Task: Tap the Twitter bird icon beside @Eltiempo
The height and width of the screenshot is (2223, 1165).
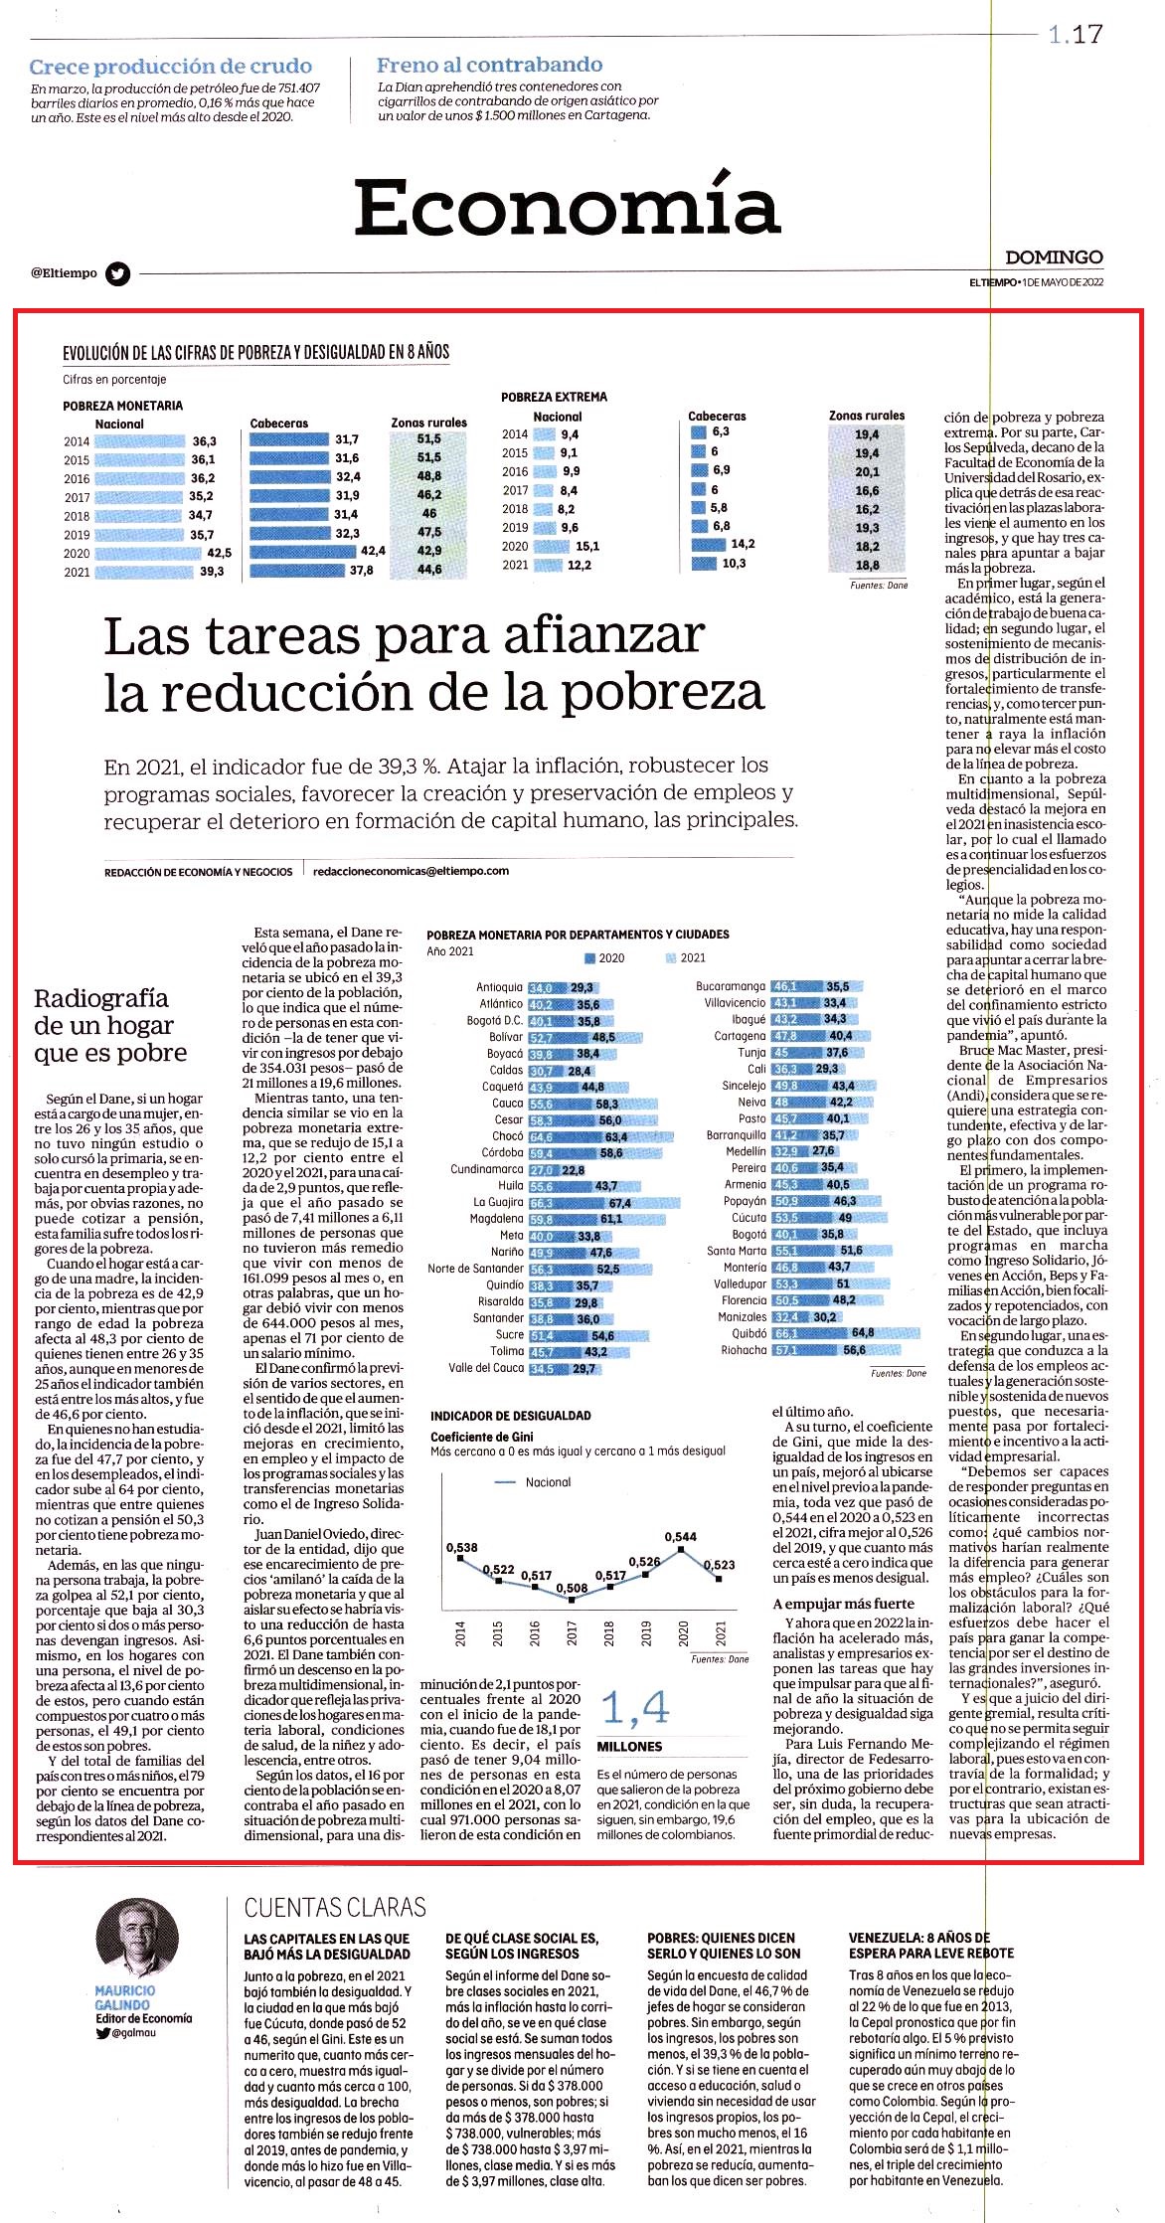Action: click(118, 273)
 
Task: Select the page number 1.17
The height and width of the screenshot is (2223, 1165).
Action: click(1076, 35)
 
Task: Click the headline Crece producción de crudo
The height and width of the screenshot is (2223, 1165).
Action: click(171, 67)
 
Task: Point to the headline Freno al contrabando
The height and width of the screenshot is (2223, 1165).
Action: click(489, 65)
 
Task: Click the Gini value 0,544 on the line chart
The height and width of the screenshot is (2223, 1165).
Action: click(681, 1536)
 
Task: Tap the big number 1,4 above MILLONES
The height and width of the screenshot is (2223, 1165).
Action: click(635, 1708)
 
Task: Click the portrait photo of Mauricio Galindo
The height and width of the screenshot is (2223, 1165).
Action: click(137, 1939)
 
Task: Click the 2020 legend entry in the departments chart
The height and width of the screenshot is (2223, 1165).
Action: click(604, 958)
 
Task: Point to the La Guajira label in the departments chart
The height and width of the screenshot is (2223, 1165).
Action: click(498, 1202)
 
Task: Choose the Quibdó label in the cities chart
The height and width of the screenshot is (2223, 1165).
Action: click(749, 1333)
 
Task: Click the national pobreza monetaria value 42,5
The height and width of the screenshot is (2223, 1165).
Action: click(219, 553)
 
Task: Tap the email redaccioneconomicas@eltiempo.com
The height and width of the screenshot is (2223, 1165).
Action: click(411, 871)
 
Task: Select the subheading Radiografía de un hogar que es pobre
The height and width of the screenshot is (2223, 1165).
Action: click(110, 1025)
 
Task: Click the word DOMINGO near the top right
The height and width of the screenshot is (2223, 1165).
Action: click(1054, 257)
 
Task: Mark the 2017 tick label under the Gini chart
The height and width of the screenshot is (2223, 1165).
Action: click(572, 1633)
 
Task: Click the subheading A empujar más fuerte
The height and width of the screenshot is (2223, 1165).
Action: click(843, 1604)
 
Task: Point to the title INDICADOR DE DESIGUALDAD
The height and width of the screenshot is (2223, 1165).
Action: click(510, 1416)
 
